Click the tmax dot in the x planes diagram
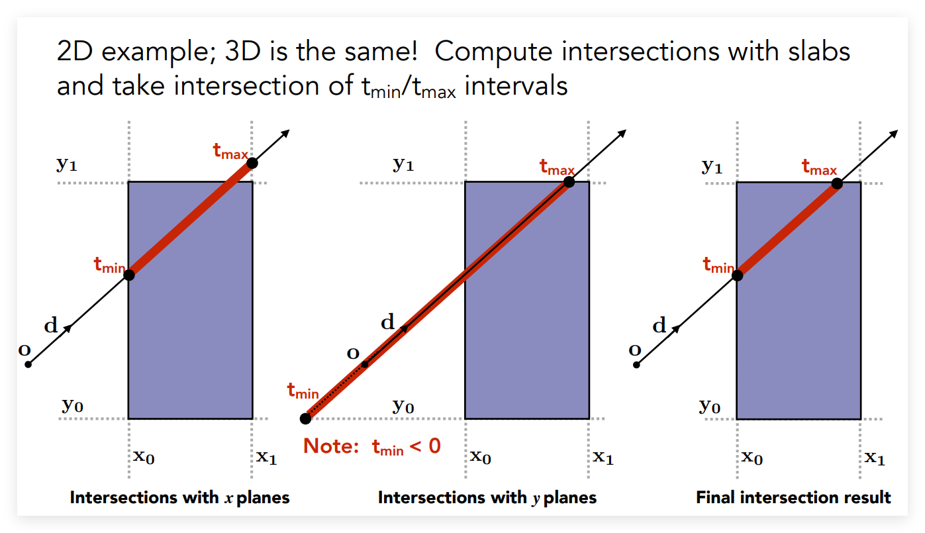pos(252,164)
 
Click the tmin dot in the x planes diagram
pos(129,275)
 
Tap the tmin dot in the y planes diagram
pos(305,418)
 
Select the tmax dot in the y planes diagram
pos(569,181)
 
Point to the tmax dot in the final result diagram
pos(837,183)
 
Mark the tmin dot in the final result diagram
pos(737,275)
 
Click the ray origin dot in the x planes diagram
pos(28,364)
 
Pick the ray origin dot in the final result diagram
pos(636,365)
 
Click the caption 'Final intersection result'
pos(793,497)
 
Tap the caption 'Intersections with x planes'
pos(179,497)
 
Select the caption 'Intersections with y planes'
pos(487,497)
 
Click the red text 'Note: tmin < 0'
pos(372,447)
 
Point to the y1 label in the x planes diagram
pos(67,164)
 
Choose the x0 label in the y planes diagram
pos(480,457)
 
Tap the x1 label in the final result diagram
pos(875,458)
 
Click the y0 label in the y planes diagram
pos(403,407)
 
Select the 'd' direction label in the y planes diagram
pos(387,322)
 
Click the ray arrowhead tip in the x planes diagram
pos(289,130)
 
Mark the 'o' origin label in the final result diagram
pos(635,350)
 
